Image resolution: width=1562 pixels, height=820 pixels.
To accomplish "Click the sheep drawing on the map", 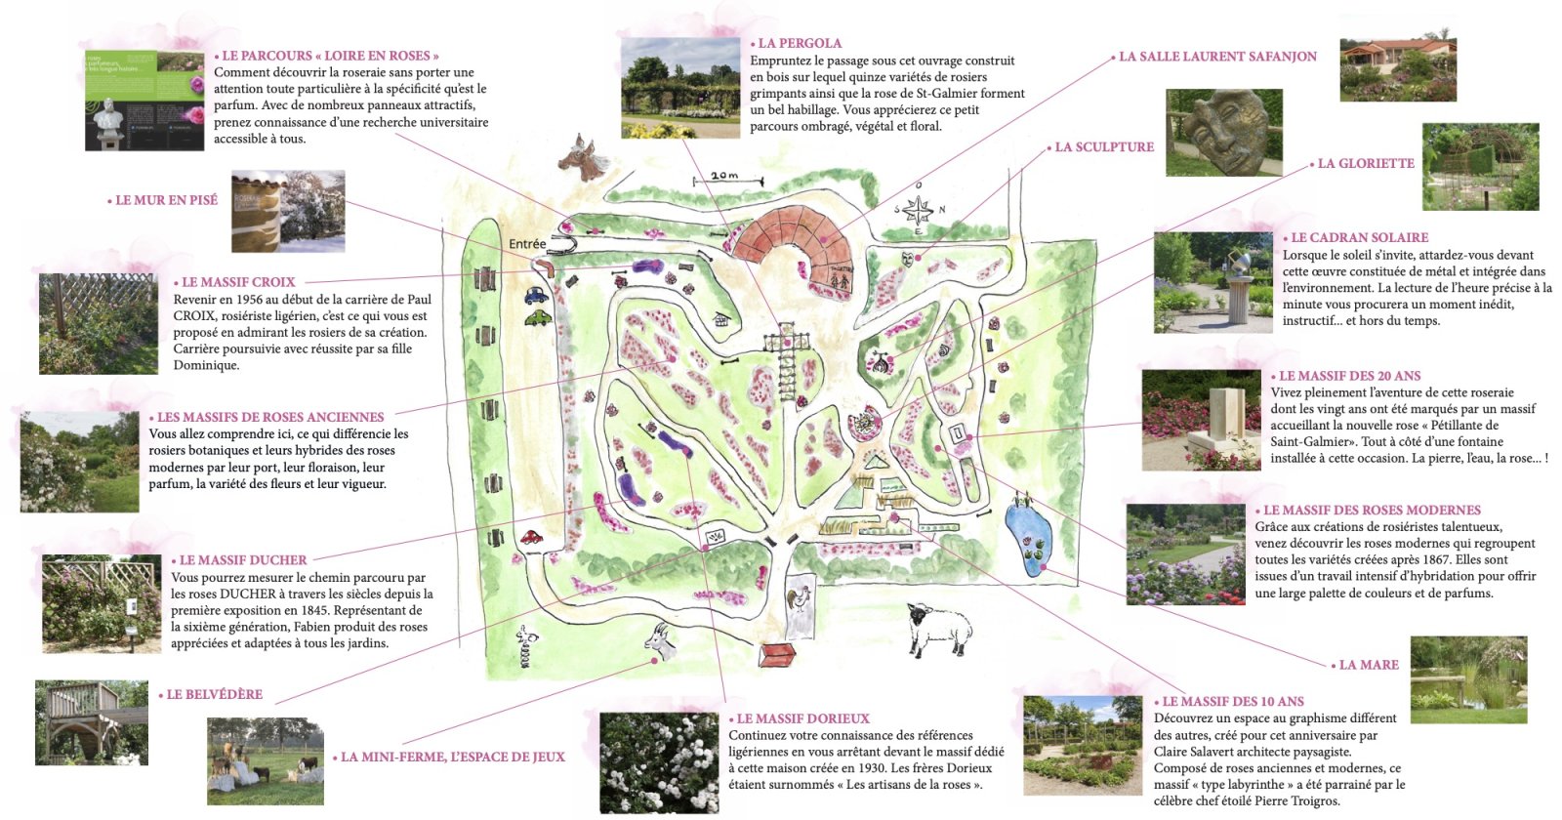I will [x=939, y=629].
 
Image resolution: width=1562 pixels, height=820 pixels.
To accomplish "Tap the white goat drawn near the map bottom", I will [x=661, y=639].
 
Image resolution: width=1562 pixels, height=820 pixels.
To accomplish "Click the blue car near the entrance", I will [x=536, y=295].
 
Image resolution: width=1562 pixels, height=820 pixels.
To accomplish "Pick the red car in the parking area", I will [x=531, y=536].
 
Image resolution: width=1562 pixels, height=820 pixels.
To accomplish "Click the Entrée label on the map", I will [x=527, y=244].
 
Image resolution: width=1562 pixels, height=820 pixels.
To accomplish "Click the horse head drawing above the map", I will [x=583, y=158].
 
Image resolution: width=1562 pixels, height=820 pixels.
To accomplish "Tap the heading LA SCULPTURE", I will [x=1104, y=147].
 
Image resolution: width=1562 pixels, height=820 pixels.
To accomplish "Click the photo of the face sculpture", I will [x=1223, y=133].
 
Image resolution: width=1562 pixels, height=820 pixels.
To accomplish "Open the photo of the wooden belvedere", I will [x=92, y=722].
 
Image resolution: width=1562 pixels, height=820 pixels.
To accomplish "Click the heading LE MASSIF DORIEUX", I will [x=802, y=718].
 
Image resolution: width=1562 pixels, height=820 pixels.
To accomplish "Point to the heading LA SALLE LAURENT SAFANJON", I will [x=1217, y=57].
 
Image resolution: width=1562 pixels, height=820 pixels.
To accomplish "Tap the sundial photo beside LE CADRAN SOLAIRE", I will [x=1213, y=282].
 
